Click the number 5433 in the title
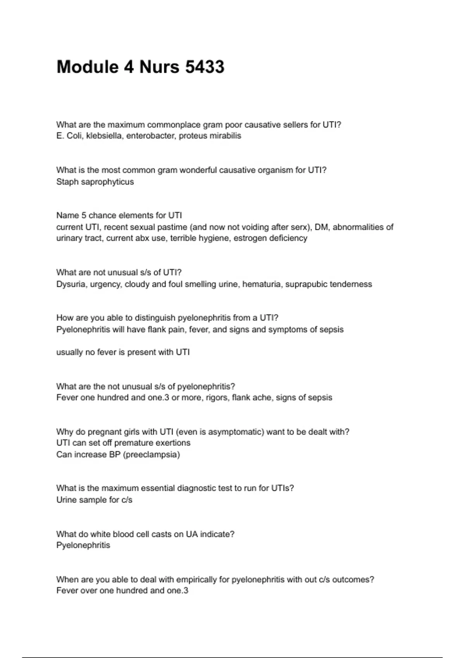(x=205, y=67)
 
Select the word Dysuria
(x=71, y=284)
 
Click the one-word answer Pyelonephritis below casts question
(x=83, y=545)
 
